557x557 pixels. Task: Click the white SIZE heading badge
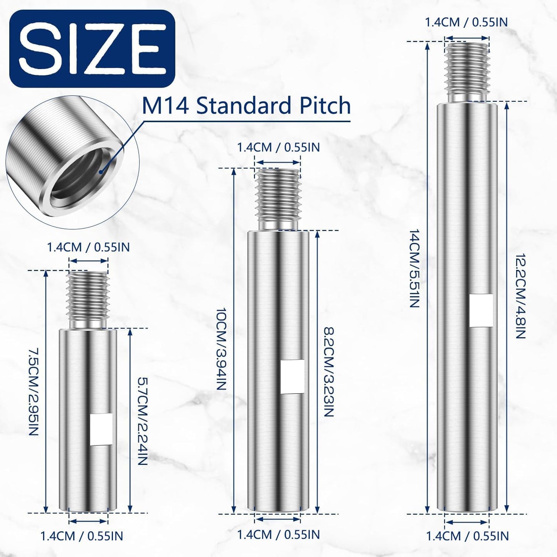click(x=92, y=49)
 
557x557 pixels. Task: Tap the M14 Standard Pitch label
click(x=246, y=105)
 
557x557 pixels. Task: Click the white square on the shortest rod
click(x=101, y=429)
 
